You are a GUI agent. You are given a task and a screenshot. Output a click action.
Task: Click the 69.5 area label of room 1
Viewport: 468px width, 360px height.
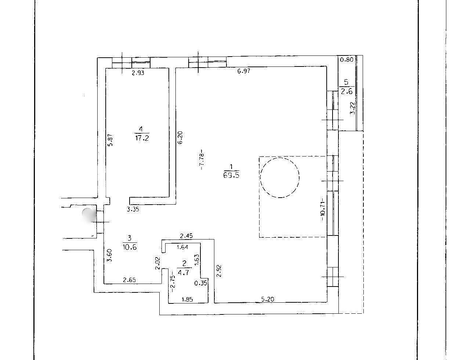(x=231, y=175)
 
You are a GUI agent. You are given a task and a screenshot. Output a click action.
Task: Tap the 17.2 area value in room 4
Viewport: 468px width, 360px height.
(x=142, y=138)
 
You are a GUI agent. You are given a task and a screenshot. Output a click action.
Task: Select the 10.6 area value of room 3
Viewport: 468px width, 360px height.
(x=130, y=247)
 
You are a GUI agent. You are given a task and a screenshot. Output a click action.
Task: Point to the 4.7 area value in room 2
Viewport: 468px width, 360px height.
(x=183, y=272)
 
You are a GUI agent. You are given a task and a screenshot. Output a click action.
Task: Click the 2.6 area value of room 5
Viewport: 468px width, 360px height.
(x=347, y=91)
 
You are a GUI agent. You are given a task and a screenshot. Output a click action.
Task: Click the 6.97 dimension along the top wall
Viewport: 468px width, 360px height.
(x=244, y=71)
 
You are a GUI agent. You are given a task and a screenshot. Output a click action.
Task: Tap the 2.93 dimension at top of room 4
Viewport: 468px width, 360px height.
(x=138, y=73)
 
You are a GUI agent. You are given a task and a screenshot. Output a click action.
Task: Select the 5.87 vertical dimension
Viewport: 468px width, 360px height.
(x=110, y=140)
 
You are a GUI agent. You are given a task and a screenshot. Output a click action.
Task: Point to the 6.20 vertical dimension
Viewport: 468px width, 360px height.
(x=180, y=138)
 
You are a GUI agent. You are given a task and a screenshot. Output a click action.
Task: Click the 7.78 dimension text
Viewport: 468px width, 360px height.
(x=202, y=160)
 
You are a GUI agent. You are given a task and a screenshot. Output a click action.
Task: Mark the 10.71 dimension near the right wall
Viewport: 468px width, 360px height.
(x=323, y=209)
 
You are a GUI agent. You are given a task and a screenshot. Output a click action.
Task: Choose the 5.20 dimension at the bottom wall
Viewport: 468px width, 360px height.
(x=268, y=299)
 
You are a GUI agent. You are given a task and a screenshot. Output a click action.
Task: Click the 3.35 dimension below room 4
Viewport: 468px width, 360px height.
(x=133, y=209)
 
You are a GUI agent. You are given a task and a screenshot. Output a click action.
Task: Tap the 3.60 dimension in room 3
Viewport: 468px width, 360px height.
(x=110, y=255)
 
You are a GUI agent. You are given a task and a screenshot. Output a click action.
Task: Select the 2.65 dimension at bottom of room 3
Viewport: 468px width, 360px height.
(x=130, y=280)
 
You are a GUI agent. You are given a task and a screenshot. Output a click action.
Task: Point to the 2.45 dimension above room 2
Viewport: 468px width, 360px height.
(x=186, y=236)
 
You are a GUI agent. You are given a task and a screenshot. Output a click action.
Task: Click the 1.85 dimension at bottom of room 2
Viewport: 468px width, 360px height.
(x=187, y=299)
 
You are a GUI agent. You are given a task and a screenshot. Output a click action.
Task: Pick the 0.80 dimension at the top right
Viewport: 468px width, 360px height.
(x=347, y=60)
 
